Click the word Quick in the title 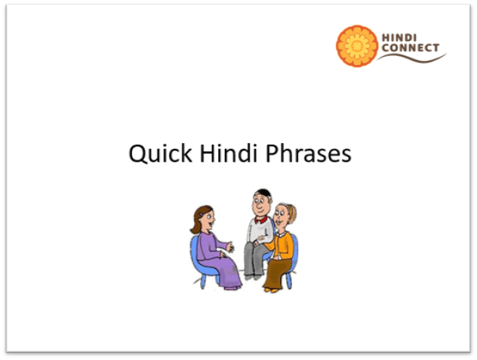(x=161, y=153)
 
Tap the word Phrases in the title (x=309, y=153)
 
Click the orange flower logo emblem (x=357, y=46)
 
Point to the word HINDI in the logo (x=399, y=38)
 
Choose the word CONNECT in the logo (x=411, y=47)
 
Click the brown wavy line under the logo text (x=412, y=58)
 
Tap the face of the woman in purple (x=208, y=220)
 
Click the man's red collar (x=261, y=220)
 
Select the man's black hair (x=263, y=193)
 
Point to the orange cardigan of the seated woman (x=281, y=246)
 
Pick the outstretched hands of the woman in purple (x=230, y=247)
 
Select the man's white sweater (x=259, y=231)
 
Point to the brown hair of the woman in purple (x=199, y=218)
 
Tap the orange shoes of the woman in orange (x=271, y=290)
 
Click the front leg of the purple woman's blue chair (x=203, y=282)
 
